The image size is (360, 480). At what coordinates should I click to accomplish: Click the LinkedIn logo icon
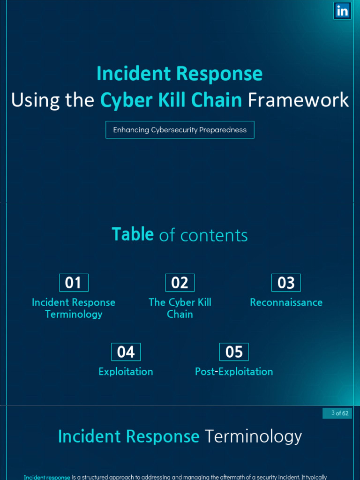click(x=342, y=11)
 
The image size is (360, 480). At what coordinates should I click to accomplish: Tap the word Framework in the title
click(x=298, y=100)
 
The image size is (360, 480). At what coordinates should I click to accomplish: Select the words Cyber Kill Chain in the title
click(x=171, y=100)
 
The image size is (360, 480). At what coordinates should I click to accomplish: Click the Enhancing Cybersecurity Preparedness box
click(x=180, y=130)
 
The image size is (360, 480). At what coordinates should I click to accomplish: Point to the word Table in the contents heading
click(x=133, y=234)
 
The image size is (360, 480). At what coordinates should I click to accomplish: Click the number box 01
click(x=74, y=283)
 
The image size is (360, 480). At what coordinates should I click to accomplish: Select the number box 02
click(x=180, y=283)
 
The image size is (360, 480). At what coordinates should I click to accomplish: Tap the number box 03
click(x=286, y=283)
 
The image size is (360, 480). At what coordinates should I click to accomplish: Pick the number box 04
click(x=126, y=352)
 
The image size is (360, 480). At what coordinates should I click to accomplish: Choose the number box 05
click(x=234, y=352)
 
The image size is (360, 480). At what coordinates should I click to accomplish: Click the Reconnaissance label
click(x=286, y=302)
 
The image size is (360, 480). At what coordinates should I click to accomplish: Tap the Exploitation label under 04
click(x=126, y=372)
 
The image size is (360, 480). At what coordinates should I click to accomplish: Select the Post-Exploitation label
click(x=234, y=372)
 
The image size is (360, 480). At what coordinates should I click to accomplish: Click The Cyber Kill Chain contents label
click(x=180, y=308)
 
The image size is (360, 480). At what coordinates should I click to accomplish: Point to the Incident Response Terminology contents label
click(x=74, y=308)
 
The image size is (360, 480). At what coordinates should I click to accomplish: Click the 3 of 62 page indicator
click(x=337, y=413)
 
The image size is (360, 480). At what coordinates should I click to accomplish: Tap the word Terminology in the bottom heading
click(x=253, y=436)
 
